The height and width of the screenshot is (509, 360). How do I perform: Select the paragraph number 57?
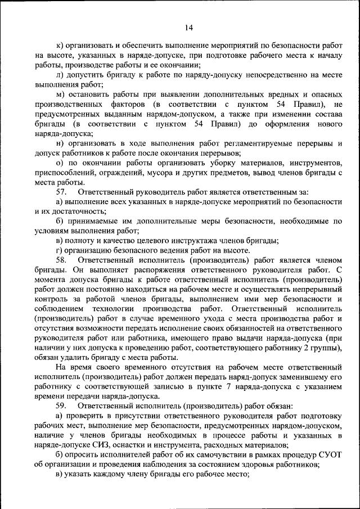coord(61,192)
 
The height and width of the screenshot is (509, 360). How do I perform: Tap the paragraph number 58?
coord(61,260)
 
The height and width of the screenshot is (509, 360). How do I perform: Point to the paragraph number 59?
coord(61,406)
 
